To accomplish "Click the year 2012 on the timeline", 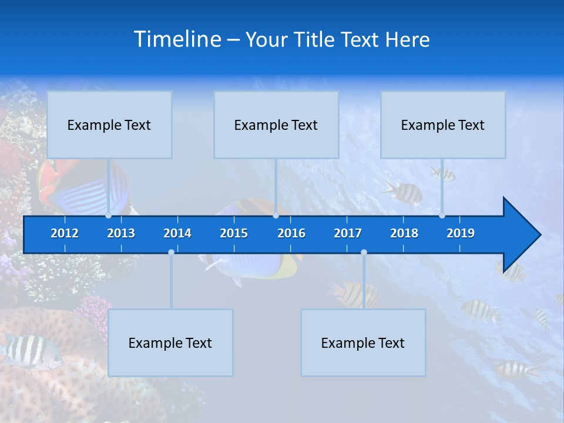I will pos(65,233).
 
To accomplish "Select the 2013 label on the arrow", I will pos(121,233).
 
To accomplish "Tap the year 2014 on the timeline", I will pos(177,233).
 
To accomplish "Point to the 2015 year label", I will pos(234,233).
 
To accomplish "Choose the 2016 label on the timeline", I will pos(291,233).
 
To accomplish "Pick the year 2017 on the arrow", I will pos(348,233).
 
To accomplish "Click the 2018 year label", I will pos(404,233).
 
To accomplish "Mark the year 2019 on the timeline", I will pos(461,233).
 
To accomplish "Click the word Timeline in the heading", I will pos(178,39).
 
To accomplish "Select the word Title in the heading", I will pos(315,40).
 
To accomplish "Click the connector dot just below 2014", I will pos(171,252).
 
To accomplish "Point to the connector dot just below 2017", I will pos(364,252).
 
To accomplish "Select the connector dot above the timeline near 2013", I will pos(108,216).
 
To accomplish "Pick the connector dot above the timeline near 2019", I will pos(442,216).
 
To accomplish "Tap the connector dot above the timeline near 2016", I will pos(276,216).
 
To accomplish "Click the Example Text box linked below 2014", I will pos(170,343).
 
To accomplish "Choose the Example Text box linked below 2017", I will pos(363,343).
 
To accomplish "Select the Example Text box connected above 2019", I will pos(443,125).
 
